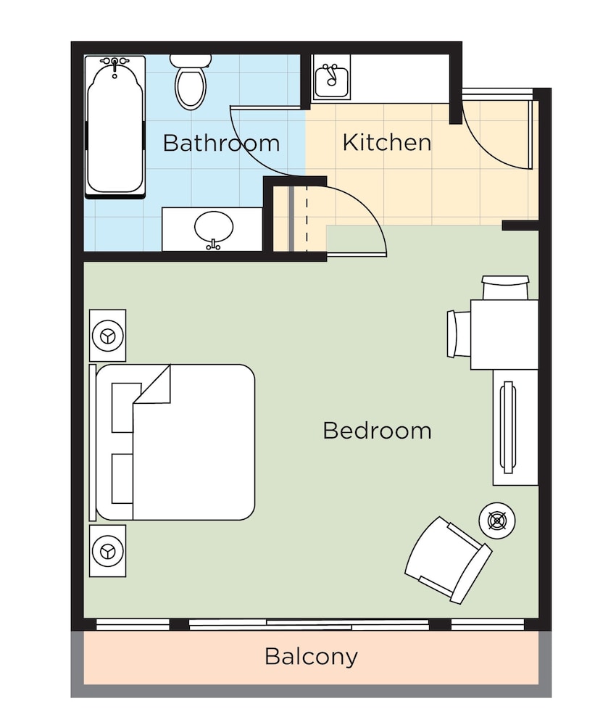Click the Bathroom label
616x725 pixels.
click(221, 143)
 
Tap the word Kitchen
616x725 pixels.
click(387, 142)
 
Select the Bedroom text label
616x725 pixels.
click(377, 431)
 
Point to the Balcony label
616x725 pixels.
click(311, 657)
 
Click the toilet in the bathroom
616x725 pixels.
click(191, 83)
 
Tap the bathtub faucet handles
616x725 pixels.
click(115, 61)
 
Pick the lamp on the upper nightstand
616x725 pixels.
click(108, 336)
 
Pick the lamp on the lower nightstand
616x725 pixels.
click(108, 551)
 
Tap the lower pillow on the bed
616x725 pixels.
click(122, 478)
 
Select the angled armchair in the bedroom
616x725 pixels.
click(448, 560)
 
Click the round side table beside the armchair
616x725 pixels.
click(497, 521)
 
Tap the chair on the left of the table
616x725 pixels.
click(459, 333)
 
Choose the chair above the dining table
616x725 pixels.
click(505, 288)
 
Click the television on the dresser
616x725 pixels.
click(508, 427)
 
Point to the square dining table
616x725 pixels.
click(504, 334)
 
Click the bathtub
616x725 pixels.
click(115, 127)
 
